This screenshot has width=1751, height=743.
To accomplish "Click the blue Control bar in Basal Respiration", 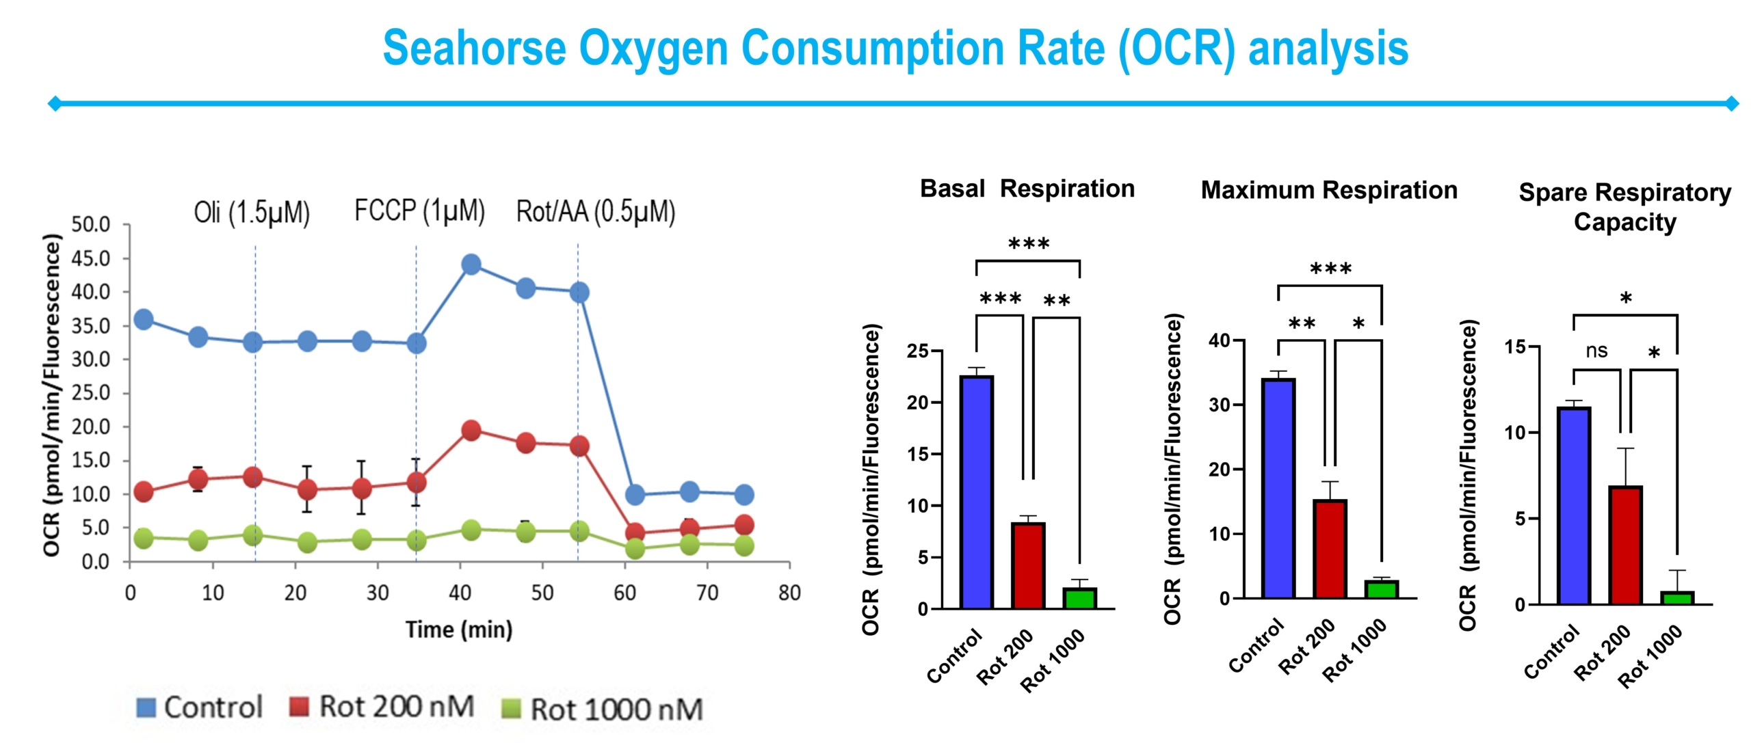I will (x=977, y=492).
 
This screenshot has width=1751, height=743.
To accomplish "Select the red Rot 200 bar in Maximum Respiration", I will (x=1330, y=550).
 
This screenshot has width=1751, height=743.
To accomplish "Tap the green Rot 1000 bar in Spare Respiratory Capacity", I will (x=1677, y=598).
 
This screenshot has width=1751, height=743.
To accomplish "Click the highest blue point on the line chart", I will (x=471, y=265).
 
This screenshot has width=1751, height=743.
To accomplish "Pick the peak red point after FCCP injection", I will (x=471, y=431).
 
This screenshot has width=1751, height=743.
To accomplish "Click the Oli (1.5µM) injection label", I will (x=252, y=213).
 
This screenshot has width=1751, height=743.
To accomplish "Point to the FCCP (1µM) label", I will (x=419, y=211).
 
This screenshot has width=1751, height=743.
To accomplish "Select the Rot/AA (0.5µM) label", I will (x=595, y=212).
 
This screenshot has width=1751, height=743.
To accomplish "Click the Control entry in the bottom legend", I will (x=199, y=707).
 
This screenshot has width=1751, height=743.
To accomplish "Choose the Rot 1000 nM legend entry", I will (x=602, y=710).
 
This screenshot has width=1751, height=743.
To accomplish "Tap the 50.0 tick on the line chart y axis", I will (x=91, y=224).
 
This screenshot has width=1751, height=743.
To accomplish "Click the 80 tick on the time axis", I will (x=789, y=593).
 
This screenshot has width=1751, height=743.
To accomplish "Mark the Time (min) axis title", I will (x=458, y=630).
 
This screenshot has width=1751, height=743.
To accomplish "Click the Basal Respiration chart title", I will (x=1027, y=189).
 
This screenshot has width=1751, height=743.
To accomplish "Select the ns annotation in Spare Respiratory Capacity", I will (x=1596, y=351).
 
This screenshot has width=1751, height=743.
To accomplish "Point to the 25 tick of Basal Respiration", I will (x=917, y=351).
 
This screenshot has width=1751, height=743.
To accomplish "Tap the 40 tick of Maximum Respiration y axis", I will (x=1219, y=340).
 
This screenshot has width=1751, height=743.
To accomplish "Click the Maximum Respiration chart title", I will (x=1329, y=190).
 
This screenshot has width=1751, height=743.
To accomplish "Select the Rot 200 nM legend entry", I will (x=382, y=707).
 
